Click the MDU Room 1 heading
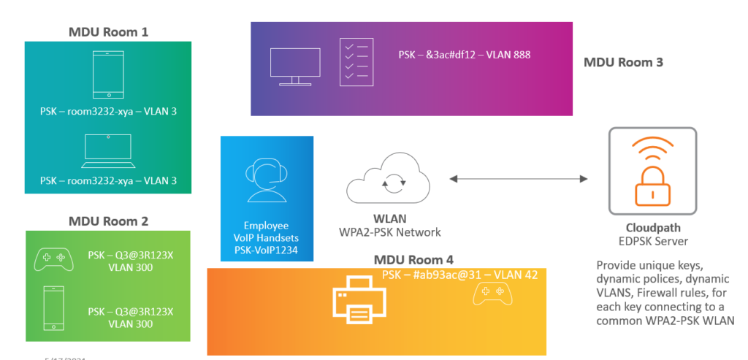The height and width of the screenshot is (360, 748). [x=107, y=31]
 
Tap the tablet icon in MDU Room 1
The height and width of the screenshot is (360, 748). [x=108, y=74]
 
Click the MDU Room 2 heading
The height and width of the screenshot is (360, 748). [x=108, y=221]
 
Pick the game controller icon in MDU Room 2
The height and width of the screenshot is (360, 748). [x=53, y=258]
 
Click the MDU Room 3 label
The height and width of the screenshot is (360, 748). [x=623, y=62]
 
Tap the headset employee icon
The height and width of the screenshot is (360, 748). [x=267, y=182]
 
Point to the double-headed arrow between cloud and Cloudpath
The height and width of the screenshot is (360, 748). [x=519, y=179]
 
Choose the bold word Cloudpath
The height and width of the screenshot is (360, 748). [x=652, y=228]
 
